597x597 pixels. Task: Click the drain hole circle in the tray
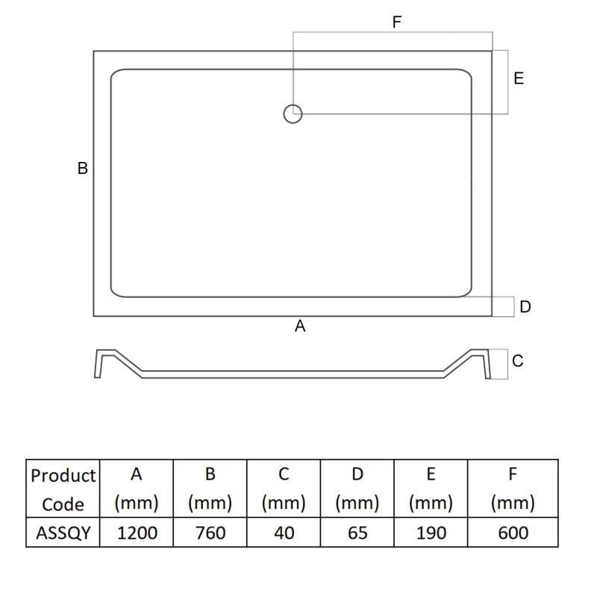click(x=293, y=113)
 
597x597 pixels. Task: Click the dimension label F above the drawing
click(x=396, y=22)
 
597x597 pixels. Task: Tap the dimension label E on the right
click(x=519, y=78)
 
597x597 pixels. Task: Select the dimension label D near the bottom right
click(x=525, y=307)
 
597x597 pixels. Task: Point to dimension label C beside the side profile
click(x=518, y=361)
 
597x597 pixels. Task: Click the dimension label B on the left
click(x=83, y=169)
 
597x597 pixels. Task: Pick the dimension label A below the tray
click(x=301, y=326)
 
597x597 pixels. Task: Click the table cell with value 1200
click(x=137, y=533)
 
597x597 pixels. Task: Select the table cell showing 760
click(x=210, y=533)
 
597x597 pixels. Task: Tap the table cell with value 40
click(x=284, y=533)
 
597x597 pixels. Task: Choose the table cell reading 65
click(x=357, y=533)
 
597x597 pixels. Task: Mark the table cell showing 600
click(x=513, y=533)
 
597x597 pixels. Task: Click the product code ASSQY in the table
click(x=63, y=533)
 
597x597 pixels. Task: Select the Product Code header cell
click(x=63, y=489)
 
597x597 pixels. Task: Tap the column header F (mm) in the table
click(x=513, y=489)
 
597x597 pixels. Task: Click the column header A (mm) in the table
click(x=137, y=489)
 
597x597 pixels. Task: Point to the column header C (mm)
click(x=284, y=489)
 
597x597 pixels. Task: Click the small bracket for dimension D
click(x=503, y=307)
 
